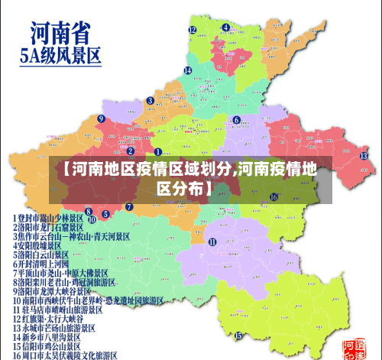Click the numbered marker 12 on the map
point(193,30)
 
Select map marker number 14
point(187,70)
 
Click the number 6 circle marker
point(237,120)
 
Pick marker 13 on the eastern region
point(364,156)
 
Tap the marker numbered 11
point(212,242)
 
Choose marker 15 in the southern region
point(238,335)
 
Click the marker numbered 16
point(274,196)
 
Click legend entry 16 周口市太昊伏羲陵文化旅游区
point(64,355)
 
